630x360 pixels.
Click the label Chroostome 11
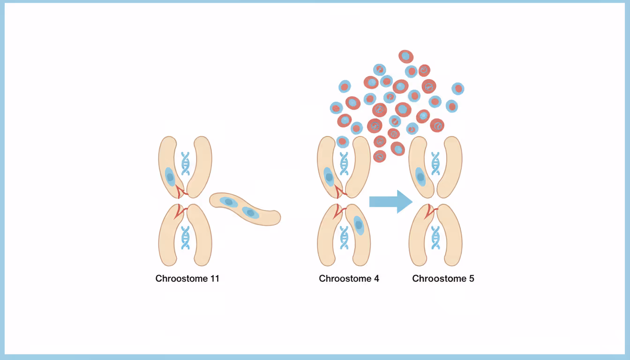coord(187,278)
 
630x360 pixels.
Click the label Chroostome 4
coord(349,278)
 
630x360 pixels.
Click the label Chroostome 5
coord(443,278)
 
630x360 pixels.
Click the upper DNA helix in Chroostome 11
coord(186,163)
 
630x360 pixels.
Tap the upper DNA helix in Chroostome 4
coord(344,163)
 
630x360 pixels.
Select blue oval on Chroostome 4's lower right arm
coord(359,225)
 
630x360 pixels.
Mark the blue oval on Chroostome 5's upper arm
coord(420,177)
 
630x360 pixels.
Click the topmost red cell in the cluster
coord(406,57)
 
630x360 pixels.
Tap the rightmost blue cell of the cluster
coord(458,89)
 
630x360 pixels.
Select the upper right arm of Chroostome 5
coord(452,166)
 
